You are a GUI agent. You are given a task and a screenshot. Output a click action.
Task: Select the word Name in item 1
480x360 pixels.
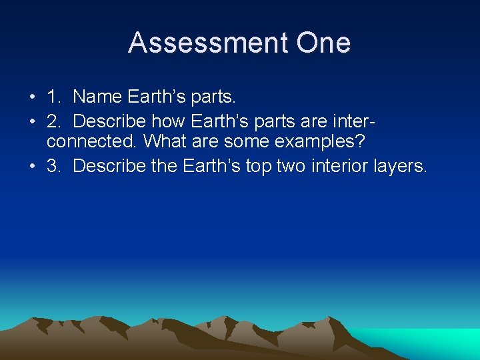95,97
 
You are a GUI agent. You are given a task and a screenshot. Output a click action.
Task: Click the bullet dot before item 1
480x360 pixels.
33,97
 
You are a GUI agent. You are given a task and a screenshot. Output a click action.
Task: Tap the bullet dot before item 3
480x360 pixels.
33,167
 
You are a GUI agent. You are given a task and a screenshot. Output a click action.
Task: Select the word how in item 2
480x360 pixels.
169,121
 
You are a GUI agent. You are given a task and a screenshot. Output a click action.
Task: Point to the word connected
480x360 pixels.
93,142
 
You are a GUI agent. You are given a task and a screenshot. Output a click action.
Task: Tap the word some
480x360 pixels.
247,142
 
